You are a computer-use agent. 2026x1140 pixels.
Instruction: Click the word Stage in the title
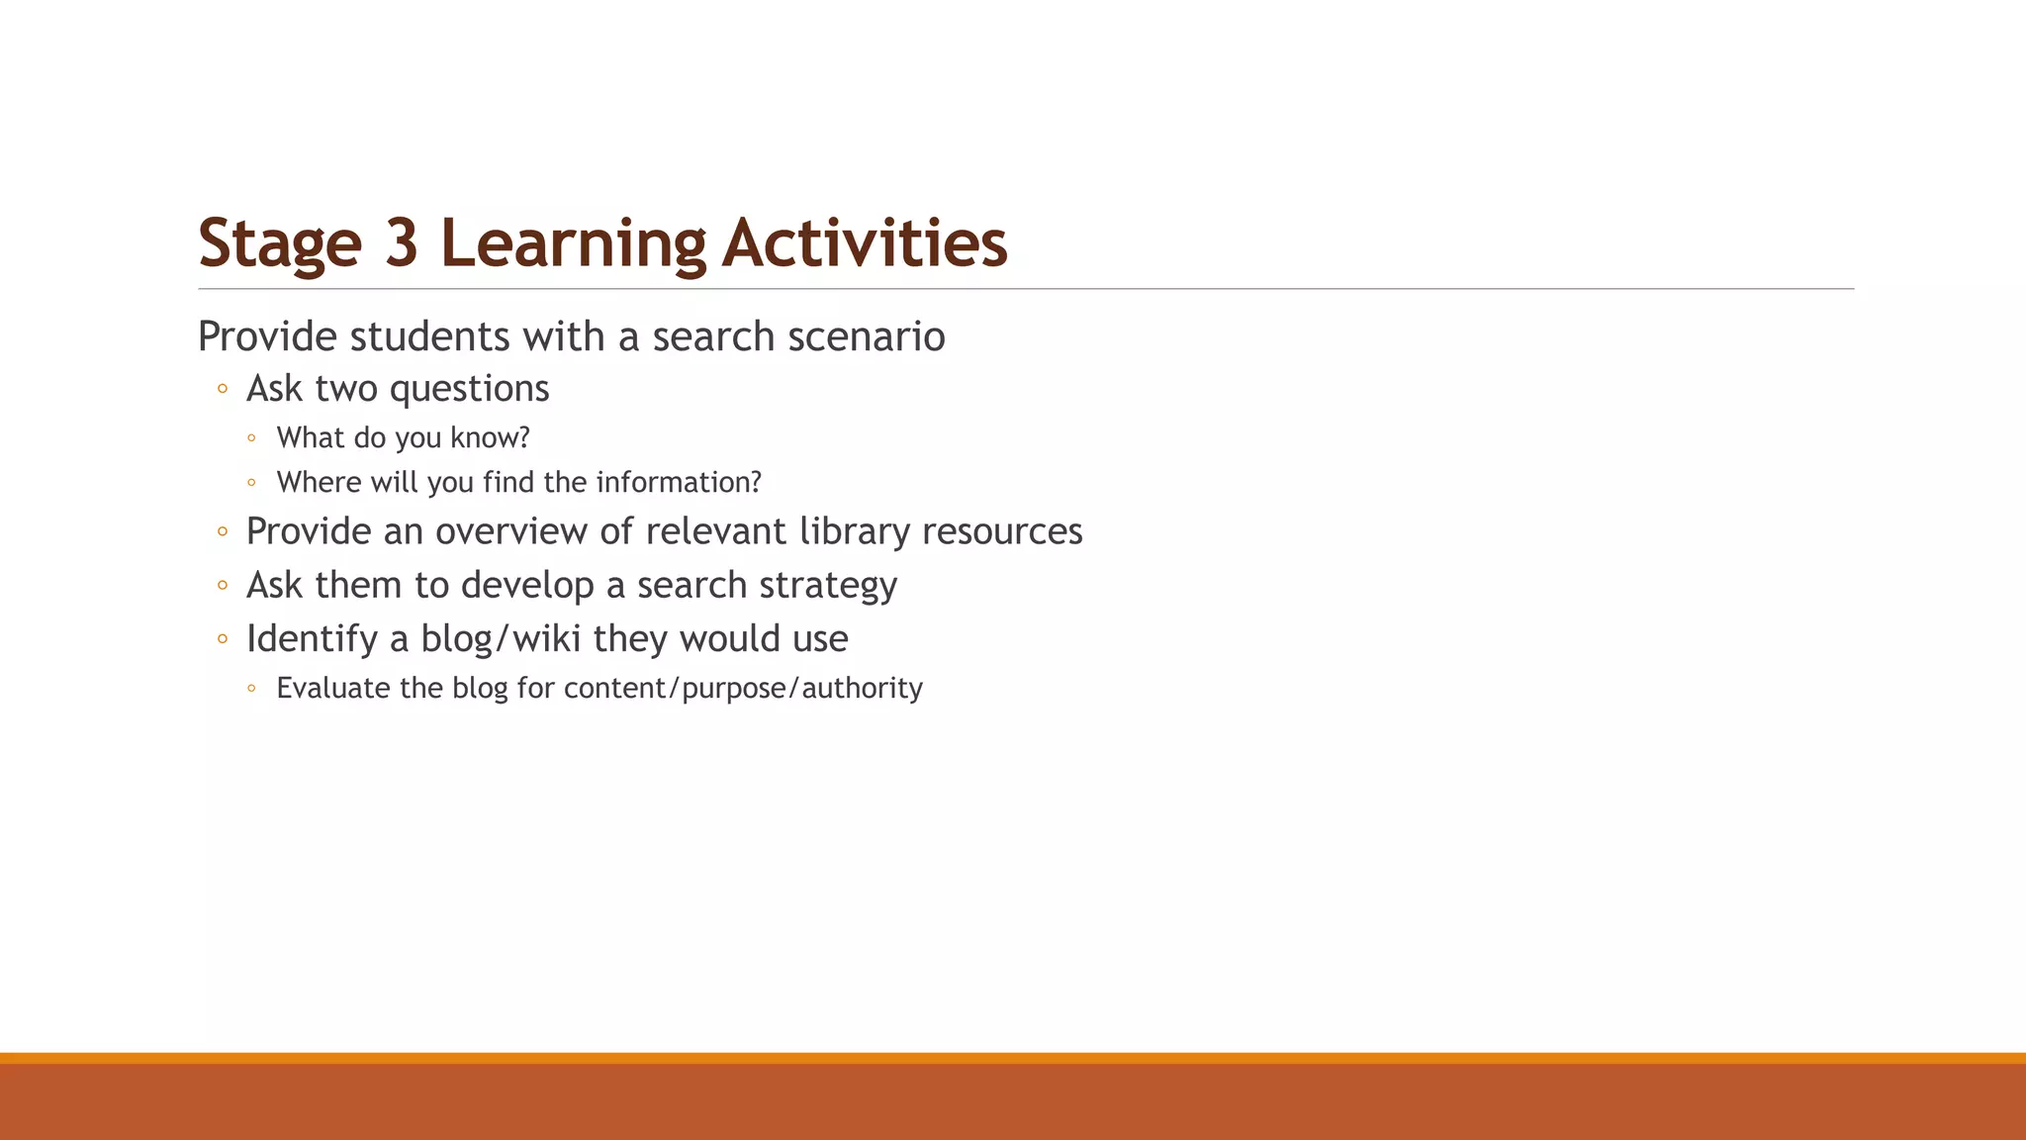[x=280, y=243]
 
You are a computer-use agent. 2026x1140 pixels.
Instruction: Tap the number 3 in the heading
[x=402, y=243]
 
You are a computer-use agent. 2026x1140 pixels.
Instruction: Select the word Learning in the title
[x=573, y=243]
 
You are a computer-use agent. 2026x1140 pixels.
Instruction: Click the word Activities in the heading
[x=865, y=243]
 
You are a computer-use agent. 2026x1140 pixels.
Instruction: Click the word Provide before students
[x=268, y=336]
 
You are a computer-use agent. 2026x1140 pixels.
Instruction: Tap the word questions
[x=469, y=389]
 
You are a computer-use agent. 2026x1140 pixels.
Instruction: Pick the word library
[x=855, y=531]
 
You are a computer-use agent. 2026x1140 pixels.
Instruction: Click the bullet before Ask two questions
[x=223, y=389]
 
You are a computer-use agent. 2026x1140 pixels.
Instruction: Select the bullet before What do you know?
[x=252, y=437]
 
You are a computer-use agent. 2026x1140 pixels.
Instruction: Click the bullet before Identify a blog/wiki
[x=223, y=639]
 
